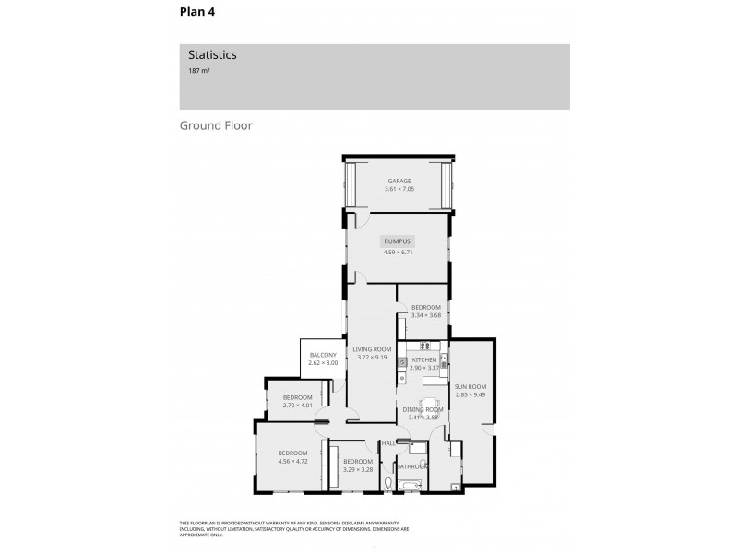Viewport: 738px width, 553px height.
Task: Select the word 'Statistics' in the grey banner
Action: point(212,55)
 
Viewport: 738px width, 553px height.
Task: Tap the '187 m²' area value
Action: point(199,70)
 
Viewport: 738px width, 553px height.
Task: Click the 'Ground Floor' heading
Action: point(216,124)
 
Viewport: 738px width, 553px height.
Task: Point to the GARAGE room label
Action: point(399,182)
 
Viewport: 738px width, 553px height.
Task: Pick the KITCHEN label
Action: point(423,359)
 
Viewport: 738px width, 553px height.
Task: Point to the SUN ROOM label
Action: point(470,387)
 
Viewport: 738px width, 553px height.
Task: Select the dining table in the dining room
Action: point(430,404)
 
